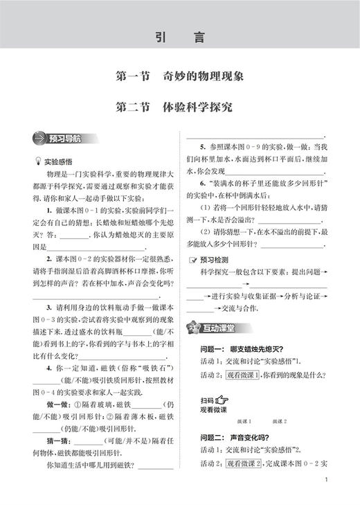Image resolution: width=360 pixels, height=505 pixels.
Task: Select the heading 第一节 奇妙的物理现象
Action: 180,77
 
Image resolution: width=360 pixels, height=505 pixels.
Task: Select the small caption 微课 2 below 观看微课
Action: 280,421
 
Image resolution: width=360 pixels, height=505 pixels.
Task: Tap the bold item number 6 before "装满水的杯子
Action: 201,182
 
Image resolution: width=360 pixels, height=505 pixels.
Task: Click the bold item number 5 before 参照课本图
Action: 201,147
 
